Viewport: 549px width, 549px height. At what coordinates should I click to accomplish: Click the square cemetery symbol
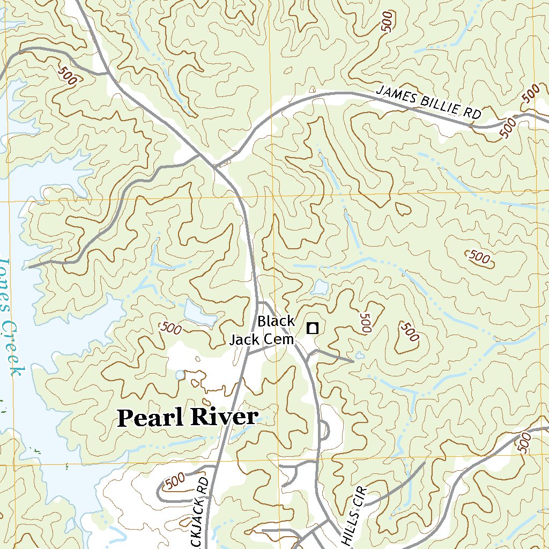coord(312,328)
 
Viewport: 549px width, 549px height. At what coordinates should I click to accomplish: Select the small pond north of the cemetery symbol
coord(321,288)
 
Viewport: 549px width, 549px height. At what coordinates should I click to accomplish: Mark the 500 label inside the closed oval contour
coord(479,258)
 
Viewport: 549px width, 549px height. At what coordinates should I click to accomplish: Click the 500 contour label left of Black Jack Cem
coord(170,328)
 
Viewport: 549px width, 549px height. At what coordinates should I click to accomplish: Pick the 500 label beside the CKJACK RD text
coord(175,482)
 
